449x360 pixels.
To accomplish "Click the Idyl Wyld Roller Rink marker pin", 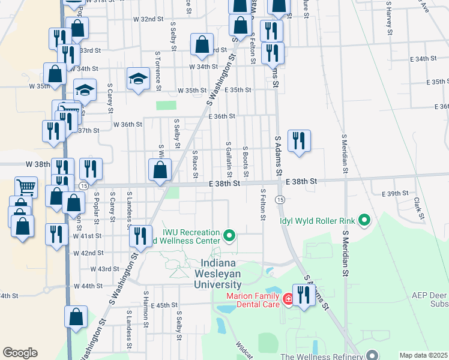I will tap(363, 220).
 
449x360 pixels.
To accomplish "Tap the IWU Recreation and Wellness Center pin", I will tap(229, 236).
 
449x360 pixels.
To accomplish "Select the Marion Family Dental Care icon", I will tap(288, 298).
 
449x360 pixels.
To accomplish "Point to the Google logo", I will tap(20, 353).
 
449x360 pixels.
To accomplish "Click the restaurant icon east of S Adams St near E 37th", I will tap(299, 141).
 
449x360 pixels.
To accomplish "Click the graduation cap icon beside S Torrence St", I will tap(138, 79).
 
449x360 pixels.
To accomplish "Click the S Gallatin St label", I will tap(229, 159).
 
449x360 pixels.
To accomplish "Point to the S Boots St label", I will tap(246, 160).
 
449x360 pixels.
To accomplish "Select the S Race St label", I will tap(195, 164).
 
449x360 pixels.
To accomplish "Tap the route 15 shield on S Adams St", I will tap(280, 199).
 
